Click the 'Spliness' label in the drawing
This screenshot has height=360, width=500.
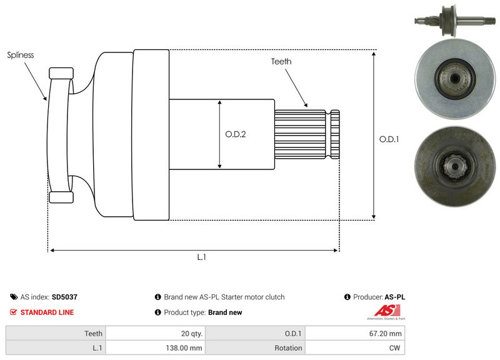point(20,55)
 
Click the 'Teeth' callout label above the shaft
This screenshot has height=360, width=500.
point(281,61)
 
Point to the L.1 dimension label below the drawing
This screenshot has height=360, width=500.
point(201,257)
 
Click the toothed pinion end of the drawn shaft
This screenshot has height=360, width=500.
point(306,134)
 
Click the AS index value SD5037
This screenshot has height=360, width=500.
point(64,297)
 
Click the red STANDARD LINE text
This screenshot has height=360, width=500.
point(47,312)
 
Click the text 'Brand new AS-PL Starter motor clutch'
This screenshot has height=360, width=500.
point(224,297)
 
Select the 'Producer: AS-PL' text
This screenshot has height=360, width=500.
point(379,297)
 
